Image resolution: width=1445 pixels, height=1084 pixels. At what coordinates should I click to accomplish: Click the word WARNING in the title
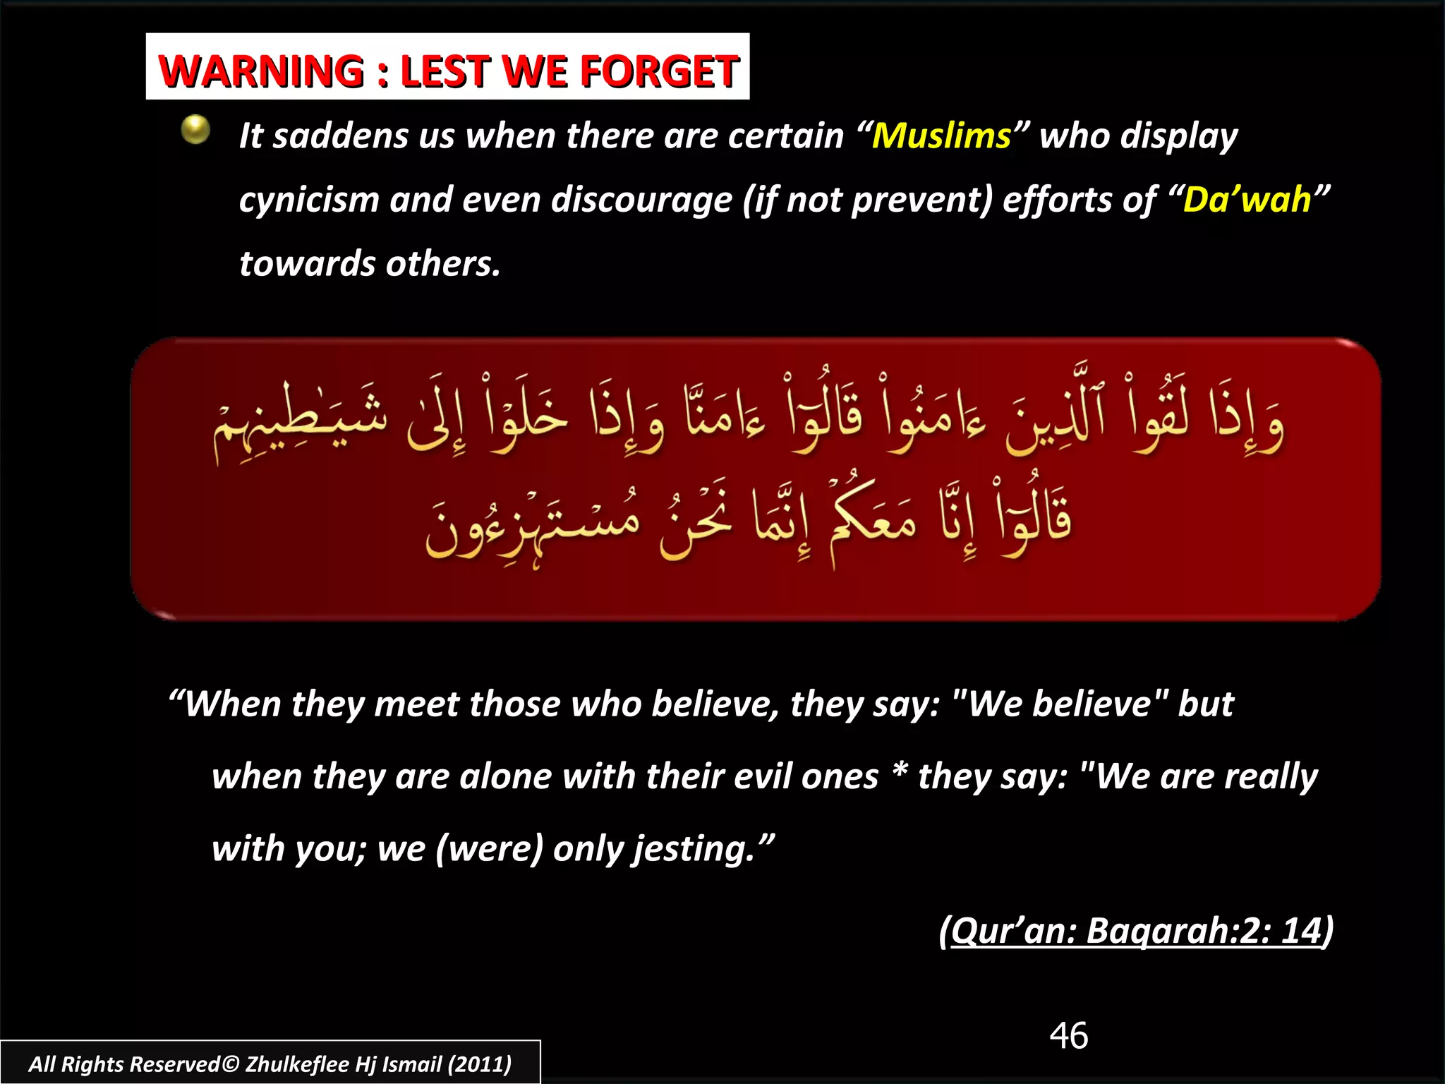click(x=261, y=71)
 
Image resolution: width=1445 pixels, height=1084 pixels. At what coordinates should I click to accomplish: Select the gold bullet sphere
click(x=195, y=130)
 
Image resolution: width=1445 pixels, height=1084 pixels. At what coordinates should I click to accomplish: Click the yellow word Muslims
click(x=941, y=135)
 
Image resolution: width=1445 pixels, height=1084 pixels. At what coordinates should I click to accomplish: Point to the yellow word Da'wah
click(x=1247, y=200)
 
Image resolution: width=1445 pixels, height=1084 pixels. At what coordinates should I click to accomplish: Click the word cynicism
click(x=310, y=200)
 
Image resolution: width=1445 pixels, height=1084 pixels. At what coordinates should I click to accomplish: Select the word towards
click(x=307, y=264)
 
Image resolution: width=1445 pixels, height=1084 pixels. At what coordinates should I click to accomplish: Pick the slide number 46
click(x=1068, y=1036)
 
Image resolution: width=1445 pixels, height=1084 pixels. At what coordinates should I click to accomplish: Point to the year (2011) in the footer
click(x=480, y=1064)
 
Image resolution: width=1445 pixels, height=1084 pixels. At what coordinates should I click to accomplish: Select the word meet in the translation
click(x=416, y=704)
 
